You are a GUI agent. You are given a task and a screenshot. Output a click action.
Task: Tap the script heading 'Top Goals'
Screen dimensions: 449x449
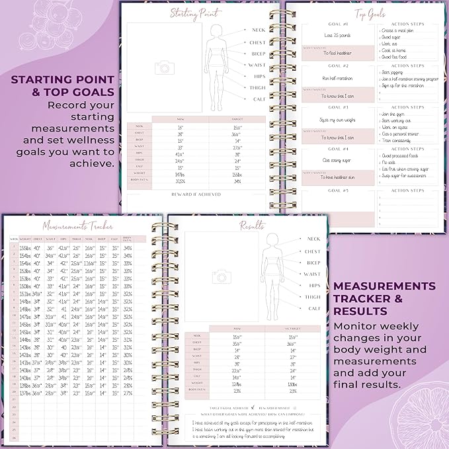click(370, 13)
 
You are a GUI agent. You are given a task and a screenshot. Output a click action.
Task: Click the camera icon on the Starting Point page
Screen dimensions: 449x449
click(161, 67)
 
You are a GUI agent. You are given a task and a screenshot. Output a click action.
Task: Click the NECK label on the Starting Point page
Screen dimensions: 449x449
click(257, 30)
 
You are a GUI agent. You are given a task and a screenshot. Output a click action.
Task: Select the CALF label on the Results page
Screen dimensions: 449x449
click(313, 308)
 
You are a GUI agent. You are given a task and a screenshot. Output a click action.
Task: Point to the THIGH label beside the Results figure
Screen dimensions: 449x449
click(312, 297)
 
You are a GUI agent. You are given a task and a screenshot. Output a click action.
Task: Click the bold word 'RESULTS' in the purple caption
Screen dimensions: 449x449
click(361, 311)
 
